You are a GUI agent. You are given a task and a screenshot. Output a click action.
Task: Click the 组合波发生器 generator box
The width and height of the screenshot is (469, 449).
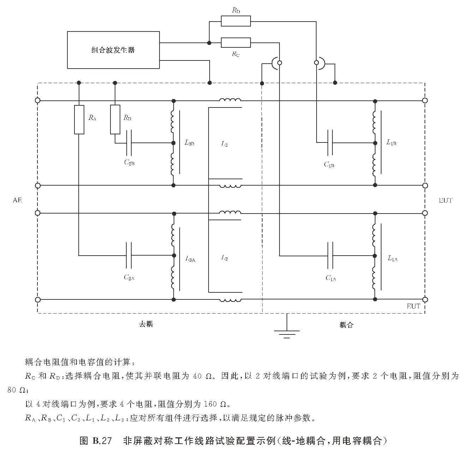coord(113,50)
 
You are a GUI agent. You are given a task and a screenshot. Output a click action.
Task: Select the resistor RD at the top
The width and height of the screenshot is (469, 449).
coord(236,21)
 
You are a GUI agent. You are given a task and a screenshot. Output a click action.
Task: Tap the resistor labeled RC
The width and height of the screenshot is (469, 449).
coord(236,43)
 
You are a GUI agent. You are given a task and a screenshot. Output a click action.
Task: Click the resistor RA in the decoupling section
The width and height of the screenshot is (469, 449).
coord(79,119)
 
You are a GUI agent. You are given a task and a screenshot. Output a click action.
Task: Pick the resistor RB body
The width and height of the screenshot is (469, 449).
coord(115,119)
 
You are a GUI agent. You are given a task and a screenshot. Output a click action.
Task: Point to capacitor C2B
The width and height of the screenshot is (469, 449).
coord(129,143)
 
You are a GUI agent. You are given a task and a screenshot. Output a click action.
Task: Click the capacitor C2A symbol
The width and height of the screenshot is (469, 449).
coord(129,255)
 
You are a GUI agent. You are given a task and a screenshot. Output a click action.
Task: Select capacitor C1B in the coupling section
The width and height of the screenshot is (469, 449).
coord(330,143)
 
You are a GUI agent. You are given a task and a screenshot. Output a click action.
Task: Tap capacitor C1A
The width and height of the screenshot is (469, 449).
coord(330,255)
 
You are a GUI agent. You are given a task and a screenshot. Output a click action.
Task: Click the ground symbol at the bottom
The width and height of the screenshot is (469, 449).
coord(287,332)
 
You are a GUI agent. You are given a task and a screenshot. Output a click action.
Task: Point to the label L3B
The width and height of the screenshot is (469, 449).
coord(190,143)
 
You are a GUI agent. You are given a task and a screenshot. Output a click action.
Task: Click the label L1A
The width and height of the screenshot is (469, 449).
coord(392,258)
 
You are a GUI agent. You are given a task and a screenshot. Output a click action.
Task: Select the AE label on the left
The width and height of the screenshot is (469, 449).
coord(17,200)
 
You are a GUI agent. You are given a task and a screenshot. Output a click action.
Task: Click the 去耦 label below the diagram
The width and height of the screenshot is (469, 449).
coord(145,324)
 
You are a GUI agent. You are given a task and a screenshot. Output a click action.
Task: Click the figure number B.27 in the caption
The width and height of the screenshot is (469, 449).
coord(102,441)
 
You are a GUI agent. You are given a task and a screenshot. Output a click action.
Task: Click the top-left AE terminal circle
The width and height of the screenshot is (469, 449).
coord(38,100)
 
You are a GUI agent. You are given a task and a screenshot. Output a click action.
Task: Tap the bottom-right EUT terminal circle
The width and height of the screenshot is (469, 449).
coord(425,299)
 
